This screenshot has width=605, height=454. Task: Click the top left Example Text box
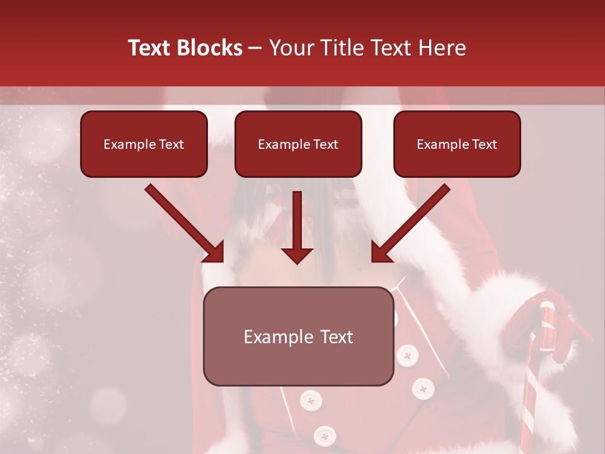click(144, 144)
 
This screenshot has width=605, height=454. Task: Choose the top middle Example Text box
click(298, 144)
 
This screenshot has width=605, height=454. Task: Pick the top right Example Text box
click(457, 144)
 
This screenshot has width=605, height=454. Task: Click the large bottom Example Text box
click(298, 336)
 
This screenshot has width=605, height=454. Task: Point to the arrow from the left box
click(183, 222)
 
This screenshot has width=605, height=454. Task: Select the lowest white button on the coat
click(325, 435)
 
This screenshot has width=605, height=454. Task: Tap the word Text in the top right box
click(484, 144)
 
